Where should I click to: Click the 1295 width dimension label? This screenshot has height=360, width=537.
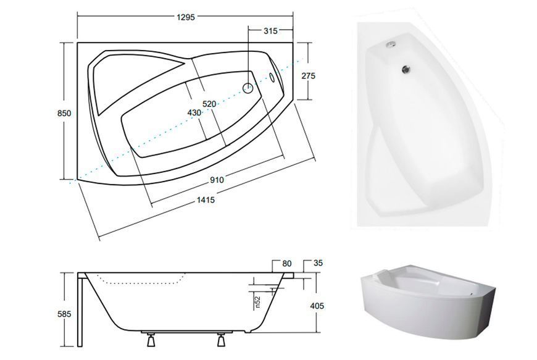(186, 17)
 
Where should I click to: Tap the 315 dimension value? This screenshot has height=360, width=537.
(270, 31)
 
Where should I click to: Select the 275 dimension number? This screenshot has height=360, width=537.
(308, 76)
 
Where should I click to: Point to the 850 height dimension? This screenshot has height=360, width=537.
(64, 113)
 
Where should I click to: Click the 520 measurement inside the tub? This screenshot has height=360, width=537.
(209, 104)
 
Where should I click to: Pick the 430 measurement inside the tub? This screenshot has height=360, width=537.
(194, 112)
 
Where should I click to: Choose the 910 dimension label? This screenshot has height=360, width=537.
(217, 180)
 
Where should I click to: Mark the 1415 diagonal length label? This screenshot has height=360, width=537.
(206, 199)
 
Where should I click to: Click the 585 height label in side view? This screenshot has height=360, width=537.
(64, 314)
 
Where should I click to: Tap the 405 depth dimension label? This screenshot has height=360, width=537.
(317, 306)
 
